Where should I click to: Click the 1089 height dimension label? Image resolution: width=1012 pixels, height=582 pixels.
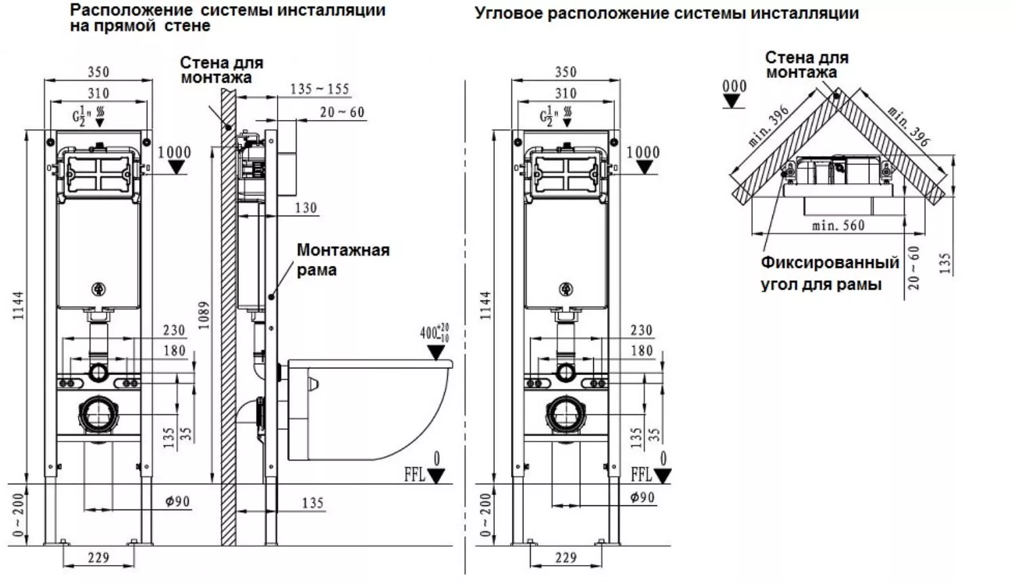click(x=204, y=315)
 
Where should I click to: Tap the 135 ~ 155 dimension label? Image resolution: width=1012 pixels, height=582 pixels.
click(x=319, y=89)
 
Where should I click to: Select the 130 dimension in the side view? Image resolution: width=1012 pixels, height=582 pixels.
click(x=306, y=208)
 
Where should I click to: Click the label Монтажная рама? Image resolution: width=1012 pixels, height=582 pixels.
click(x=343, y=260)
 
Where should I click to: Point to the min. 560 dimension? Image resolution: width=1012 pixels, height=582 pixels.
click(x=838, y=226)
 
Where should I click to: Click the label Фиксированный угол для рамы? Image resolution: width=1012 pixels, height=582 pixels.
click(x=829, y=273)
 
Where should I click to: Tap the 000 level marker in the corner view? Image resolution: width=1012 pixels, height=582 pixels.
click(x=734, y=87)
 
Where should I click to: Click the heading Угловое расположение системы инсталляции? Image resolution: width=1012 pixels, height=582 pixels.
click(x=667, y=14)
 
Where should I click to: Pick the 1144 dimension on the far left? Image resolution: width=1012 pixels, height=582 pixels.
click(x=18, y=306)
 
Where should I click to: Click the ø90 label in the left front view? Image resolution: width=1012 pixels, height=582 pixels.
click(x=177, y=502)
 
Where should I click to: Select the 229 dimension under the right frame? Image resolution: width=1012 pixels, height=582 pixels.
click(x=565, y=558)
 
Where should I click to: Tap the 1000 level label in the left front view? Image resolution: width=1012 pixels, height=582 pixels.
click(x=174, y=153)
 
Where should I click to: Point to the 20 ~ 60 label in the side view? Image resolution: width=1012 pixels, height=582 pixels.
click(x=342, y=112)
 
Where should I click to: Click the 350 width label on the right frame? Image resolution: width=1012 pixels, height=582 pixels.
click(x=565, y=72)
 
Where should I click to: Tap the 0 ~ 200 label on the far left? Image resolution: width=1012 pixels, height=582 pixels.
click(x=18, y=514)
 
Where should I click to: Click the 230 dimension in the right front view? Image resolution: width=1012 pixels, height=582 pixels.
click(x=641, y=330)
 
